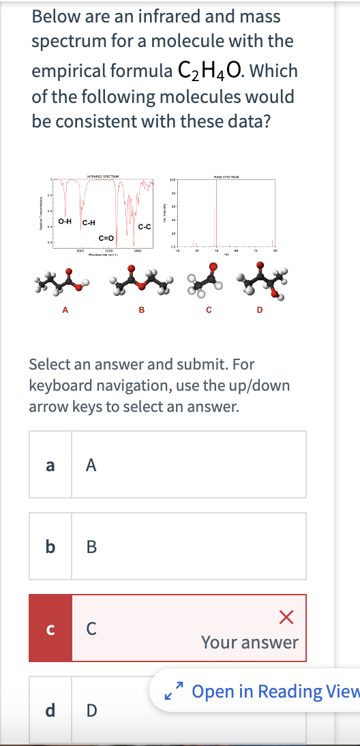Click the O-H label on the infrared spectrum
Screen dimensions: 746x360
coord(65,221)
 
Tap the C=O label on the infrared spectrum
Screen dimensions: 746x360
coord(106,237)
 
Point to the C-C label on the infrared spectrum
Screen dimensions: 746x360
coord(144,226)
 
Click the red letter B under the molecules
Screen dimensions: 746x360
coord(141,312)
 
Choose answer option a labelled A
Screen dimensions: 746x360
coord(167,464)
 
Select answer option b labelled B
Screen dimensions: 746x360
coord(167,546)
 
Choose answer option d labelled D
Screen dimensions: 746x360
coord(167,709)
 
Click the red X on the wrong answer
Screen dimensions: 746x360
coord(286,618)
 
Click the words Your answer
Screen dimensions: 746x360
coord(250,642)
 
